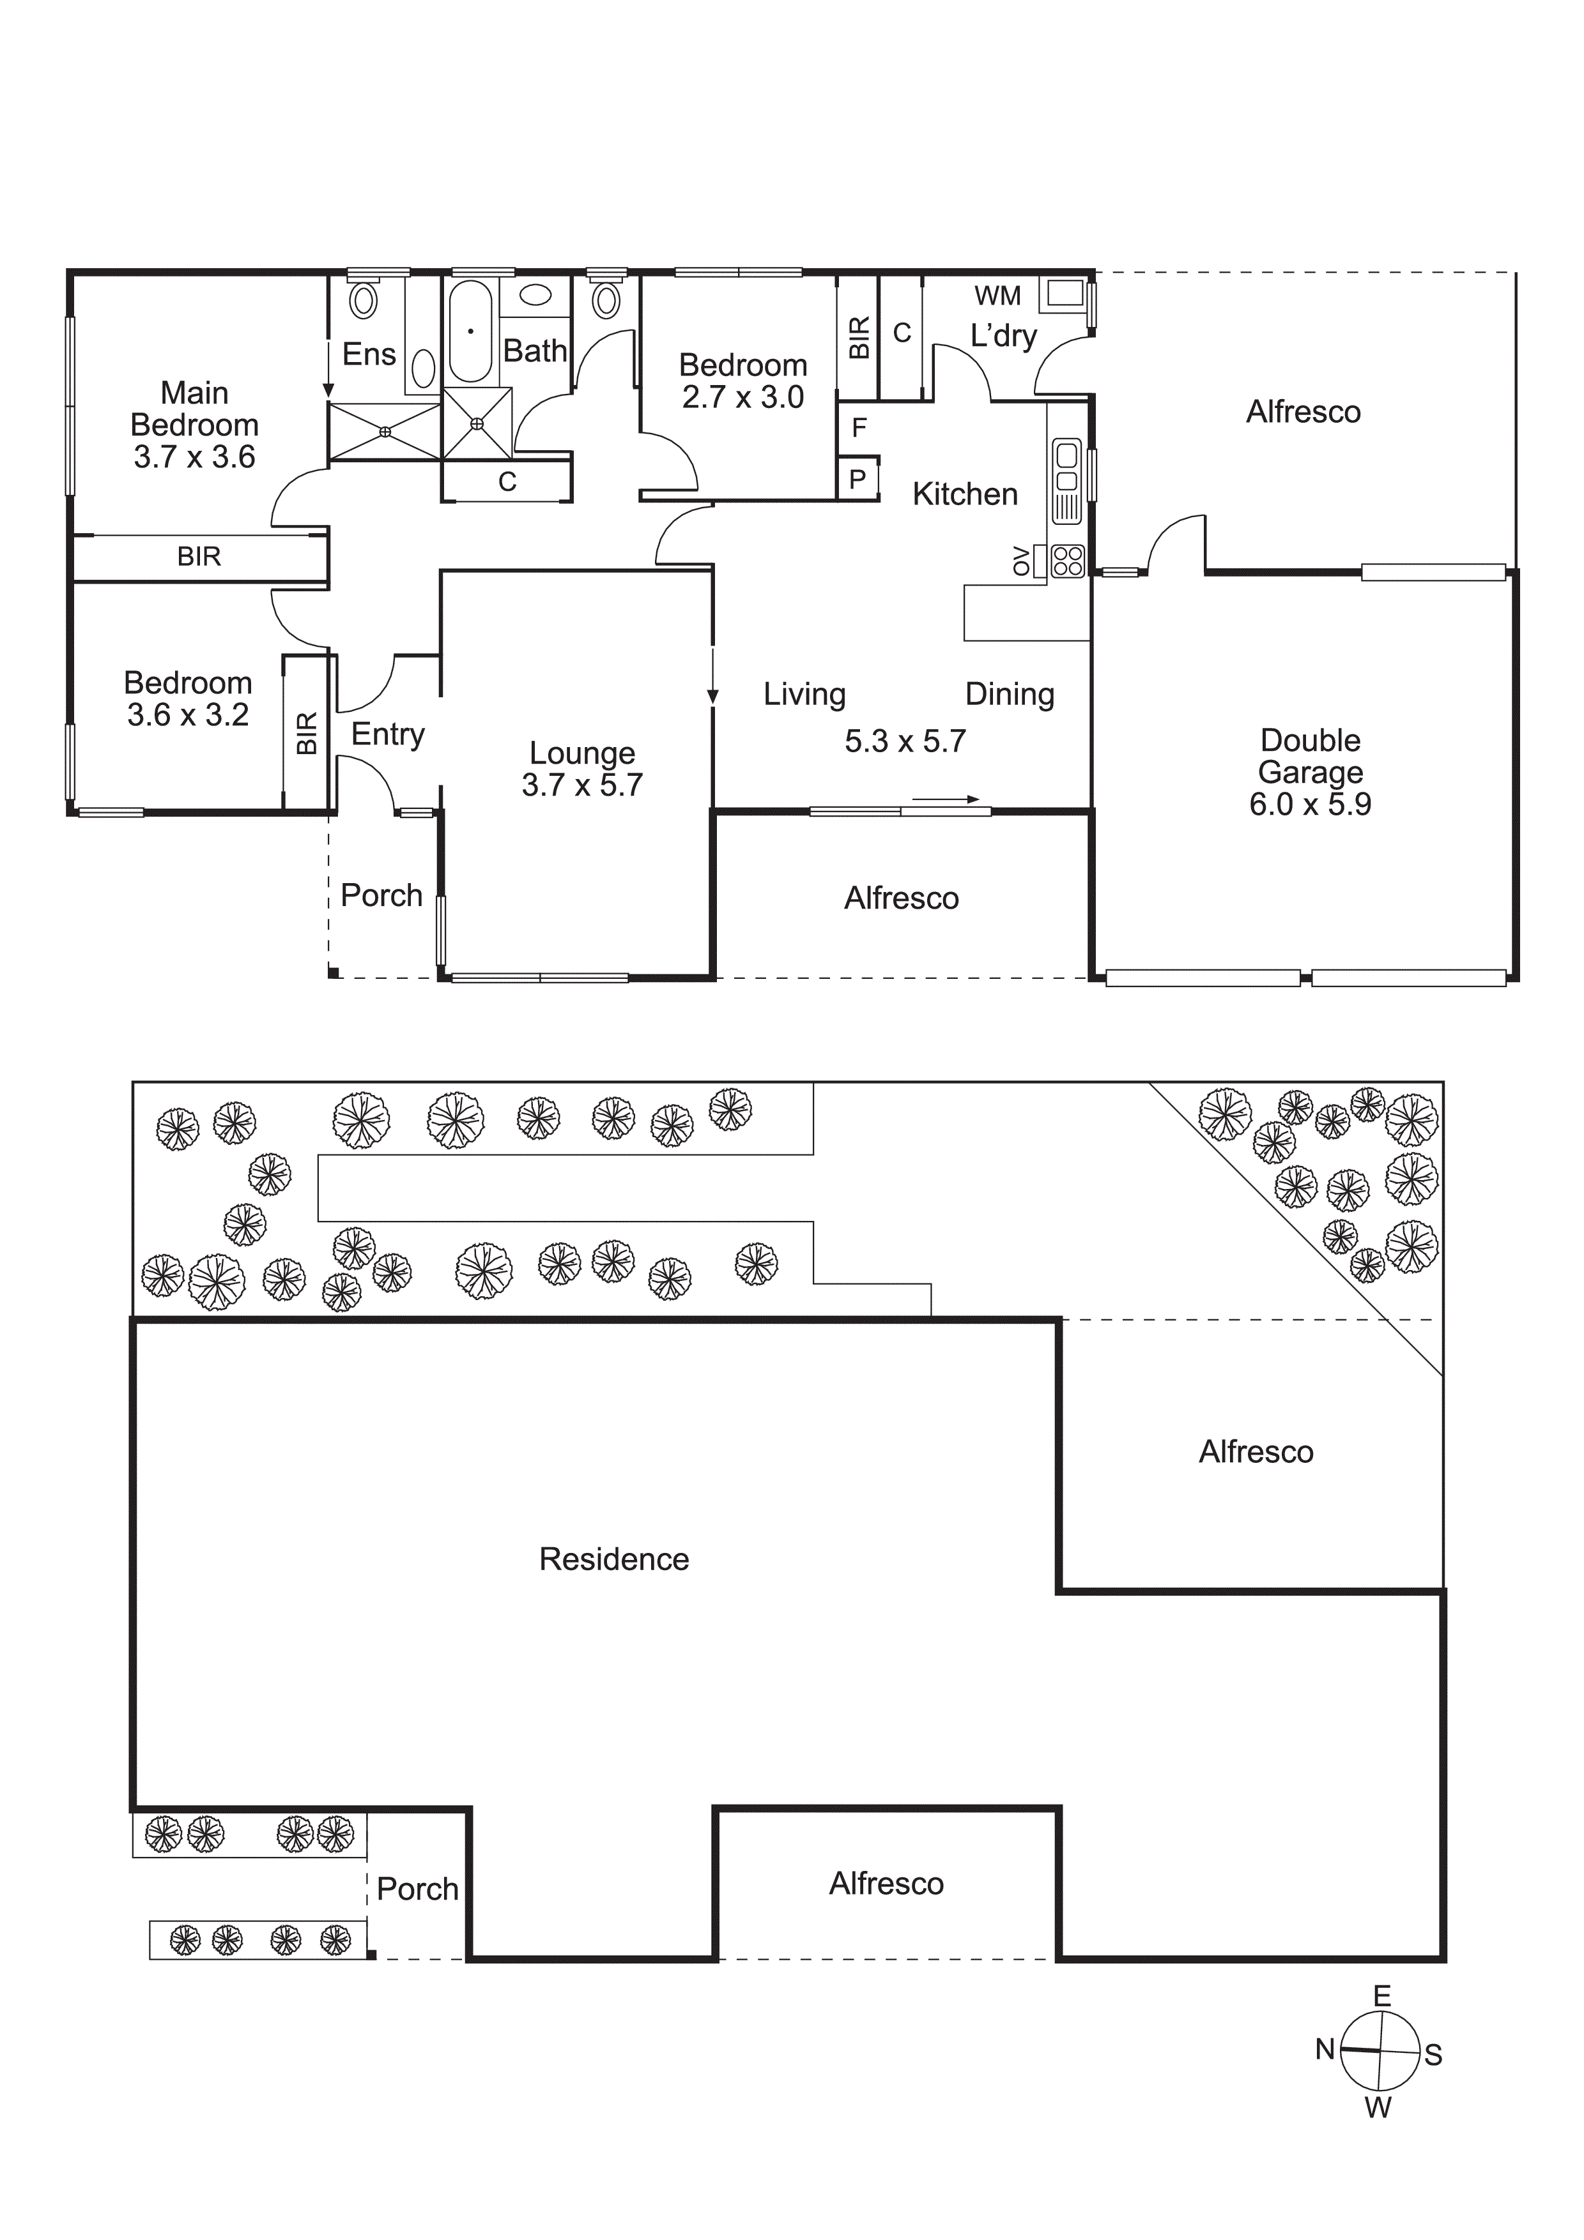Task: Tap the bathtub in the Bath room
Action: point(470,331)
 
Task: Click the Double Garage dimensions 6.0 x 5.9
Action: point(1310,805)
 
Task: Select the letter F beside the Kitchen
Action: point(859,427)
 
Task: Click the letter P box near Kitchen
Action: point(858,479)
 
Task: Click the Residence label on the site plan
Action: point(614,1559)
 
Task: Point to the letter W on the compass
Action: point(1377,2108)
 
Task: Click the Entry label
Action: point(387,734)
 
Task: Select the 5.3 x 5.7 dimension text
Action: point(905,741)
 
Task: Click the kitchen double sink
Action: point(1066,467)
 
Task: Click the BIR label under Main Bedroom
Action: point(199,556)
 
